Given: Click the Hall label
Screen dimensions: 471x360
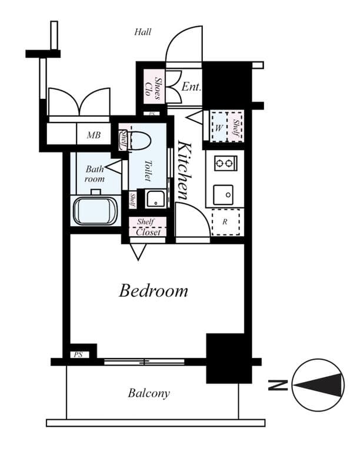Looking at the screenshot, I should click(143, 32).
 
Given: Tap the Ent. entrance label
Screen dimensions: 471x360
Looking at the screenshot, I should click(191, 87).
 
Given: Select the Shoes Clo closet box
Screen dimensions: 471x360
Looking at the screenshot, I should click(155, 87).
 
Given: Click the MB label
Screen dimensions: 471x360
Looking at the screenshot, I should click(94, 135).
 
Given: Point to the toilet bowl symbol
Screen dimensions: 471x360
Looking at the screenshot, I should click(141, 141).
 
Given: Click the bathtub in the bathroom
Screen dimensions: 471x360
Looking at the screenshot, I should click(94, 211).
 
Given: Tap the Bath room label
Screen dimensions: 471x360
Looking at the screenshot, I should click(94, 174).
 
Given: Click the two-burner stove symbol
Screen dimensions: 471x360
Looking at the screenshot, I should click(225, 163).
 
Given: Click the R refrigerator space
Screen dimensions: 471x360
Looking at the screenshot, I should click(226, 222).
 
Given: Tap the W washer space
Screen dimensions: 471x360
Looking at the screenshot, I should click(218, 127).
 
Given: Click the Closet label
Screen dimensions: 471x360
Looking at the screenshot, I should click(148, 232).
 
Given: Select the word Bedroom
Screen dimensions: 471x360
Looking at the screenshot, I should click(154, 290).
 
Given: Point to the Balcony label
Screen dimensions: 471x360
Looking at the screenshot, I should click(149, 393).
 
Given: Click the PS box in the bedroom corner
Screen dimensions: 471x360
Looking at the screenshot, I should click(78, 354).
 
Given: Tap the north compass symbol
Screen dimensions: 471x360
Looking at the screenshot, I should click(318, 385).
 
